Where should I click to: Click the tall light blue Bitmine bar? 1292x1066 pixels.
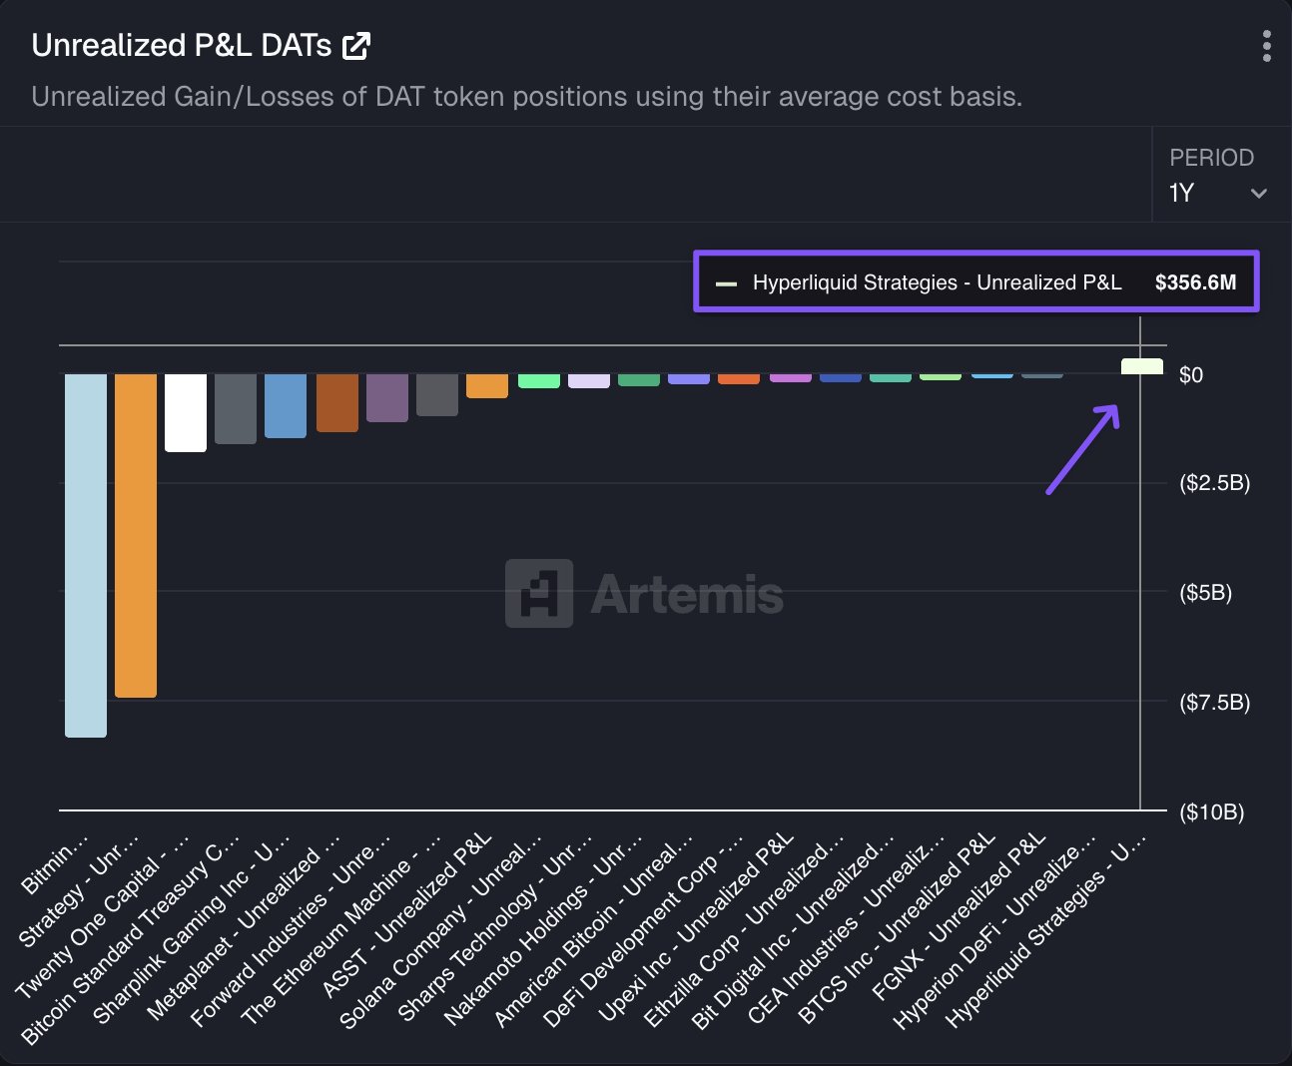[86, 555]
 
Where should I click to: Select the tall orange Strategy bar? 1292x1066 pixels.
[136, 535]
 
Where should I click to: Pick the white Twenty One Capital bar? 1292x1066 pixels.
[186, 412]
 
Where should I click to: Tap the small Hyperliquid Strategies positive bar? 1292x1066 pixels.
[1142, 366]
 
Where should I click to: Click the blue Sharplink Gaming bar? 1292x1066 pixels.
[286, 405]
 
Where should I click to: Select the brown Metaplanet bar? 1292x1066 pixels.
[337, 402]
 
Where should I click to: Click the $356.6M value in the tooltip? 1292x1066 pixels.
[1195, 282]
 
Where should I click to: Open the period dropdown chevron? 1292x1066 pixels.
[1258, 194]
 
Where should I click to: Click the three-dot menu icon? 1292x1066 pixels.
[1266, 46]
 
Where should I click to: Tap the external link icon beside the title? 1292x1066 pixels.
[356, 46]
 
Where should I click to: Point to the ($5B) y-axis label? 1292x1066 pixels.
[1205, 593]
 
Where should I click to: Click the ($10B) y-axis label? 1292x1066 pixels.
[1211, 811]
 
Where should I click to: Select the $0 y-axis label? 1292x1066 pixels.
[1190, 375]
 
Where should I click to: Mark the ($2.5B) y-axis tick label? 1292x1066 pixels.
[1214, 483]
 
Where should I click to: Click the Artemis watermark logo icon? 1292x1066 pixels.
[539, 593]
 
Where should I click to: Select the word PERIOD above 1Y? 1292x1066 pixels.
[1211, 158]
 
